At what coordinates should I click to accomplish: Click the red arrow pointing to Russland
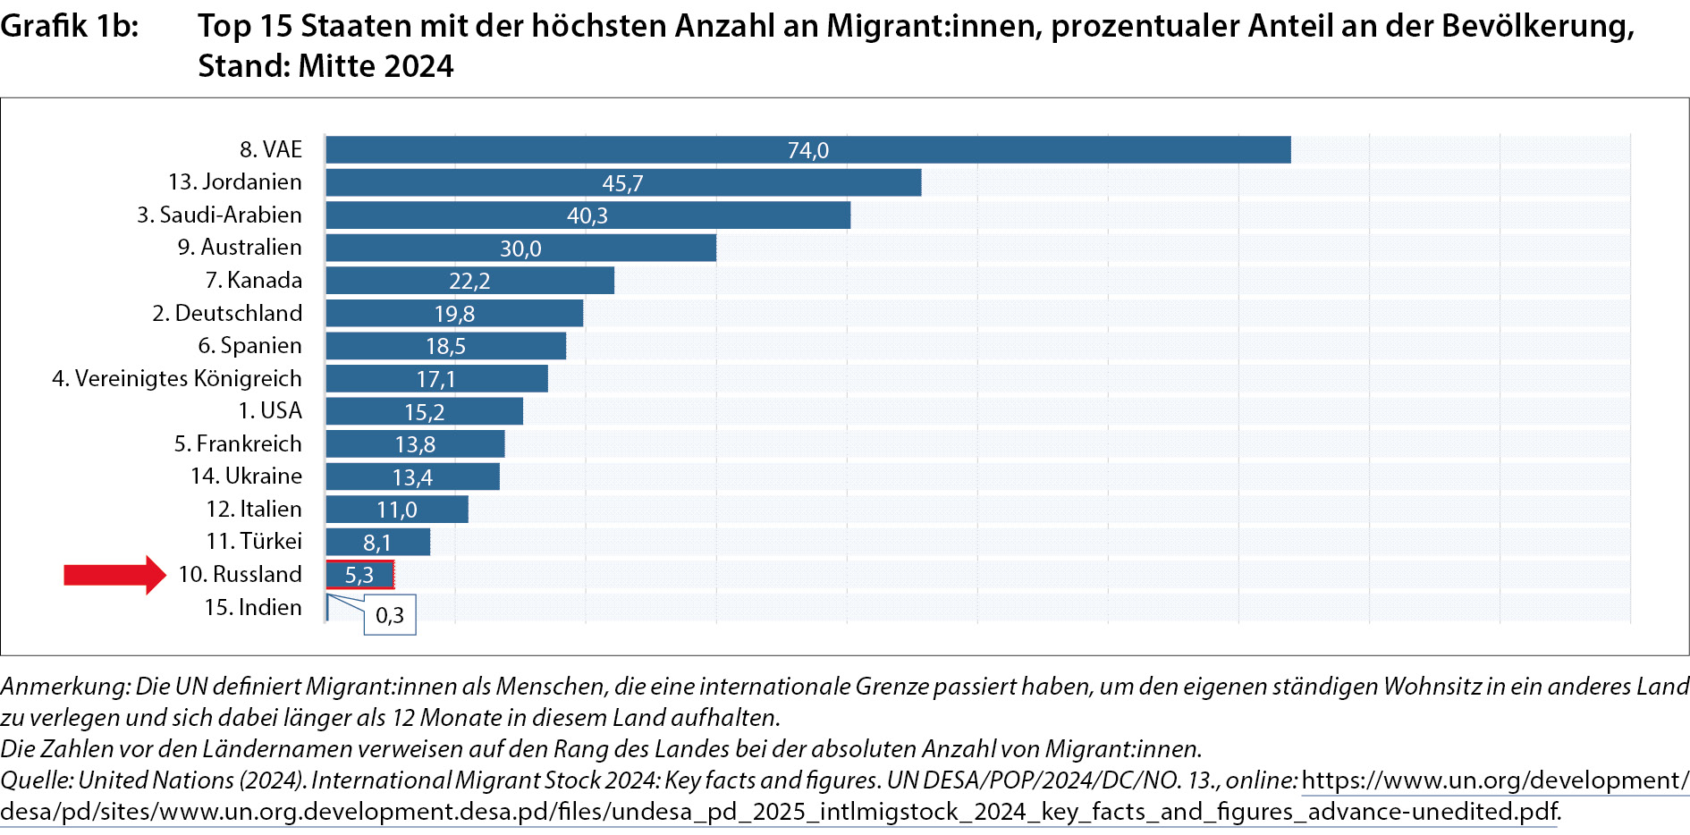pos(114,575)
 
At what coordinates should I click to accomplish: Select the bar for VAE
pos(807,150)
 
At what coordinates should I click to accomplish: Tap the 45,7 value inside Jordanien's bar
pos(622,183)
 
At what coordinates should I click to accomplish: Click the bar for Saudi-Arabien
pos(587,215)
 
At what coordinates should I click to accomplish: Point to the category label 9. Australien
pos(240,248)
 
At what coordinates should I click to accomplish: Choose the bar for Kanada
pos(469,281)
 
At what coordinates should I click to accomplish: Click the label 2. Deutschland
pos(227,313)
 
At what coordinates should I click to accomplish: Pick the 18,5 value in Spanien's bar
pos(445,347)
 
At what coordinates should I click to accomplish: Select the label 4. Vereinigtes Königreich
pos(177,379)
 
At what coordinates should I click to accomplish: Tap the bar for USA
pos(424,412)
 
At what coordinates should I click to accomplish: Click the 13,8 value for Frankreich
pos(415,445)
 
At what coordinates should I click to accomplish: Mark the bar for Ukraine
pos(412,477)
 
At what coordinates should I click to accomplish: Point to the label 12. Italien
pos(254,510)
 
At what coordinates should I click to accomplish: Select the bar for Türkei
pos(377,543)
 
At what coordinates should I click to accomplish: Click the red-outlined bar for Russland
pos(359,575)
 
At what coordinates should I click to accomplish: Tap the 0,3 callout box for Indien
pos(390,615)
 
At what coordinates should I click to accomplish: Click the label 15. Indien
pos(253,608)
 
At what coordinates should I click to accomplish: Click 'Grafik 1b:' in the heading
pos(70,27)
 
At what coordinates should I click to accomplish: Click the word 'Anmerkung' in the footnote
pos(63,687)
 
